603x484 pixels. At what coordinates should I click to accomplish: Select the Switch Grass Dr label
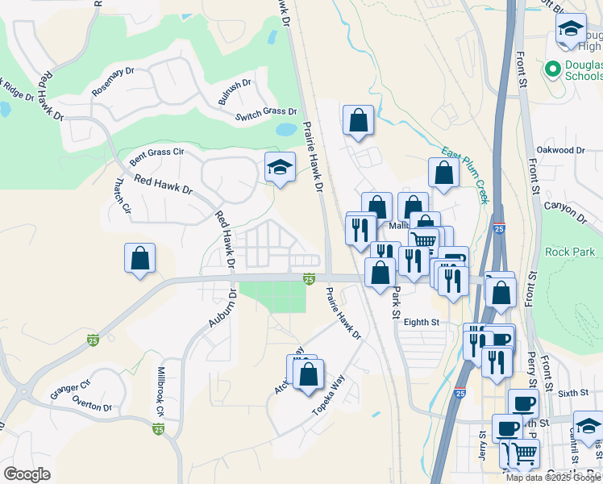266,115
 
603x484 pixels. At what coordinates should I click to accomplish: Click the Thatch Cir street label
123,196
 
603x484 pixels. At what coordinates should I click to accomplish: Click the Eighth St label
422,322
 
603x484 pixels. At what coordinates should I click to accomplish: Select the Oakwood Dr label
560,150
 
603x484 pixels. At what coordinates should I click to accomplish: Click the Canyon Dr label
566,210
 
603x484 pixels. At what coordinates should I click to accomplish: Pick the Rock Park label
570,252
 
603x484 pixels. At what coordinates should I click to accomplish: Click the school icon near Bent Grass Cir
279,168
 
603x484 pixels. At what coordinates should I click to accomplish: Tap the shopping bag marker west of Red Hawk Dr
139,258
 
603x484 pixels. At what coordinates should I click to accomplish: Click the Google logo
27,474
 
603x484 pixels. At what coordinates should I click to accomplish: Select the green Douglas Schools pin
552,69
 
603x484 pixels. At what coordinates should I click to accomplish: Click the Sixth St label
574,393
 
